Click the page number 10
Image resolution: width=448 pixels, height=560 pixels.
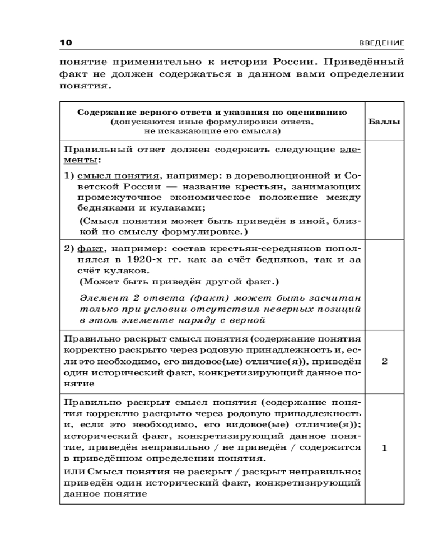[x=66, y=44]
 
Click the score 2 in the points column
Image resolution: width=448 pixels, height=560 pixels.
[x=384, y=361]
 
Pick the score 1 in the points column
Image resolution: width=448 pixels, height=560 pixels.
[x=384, y=448]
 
